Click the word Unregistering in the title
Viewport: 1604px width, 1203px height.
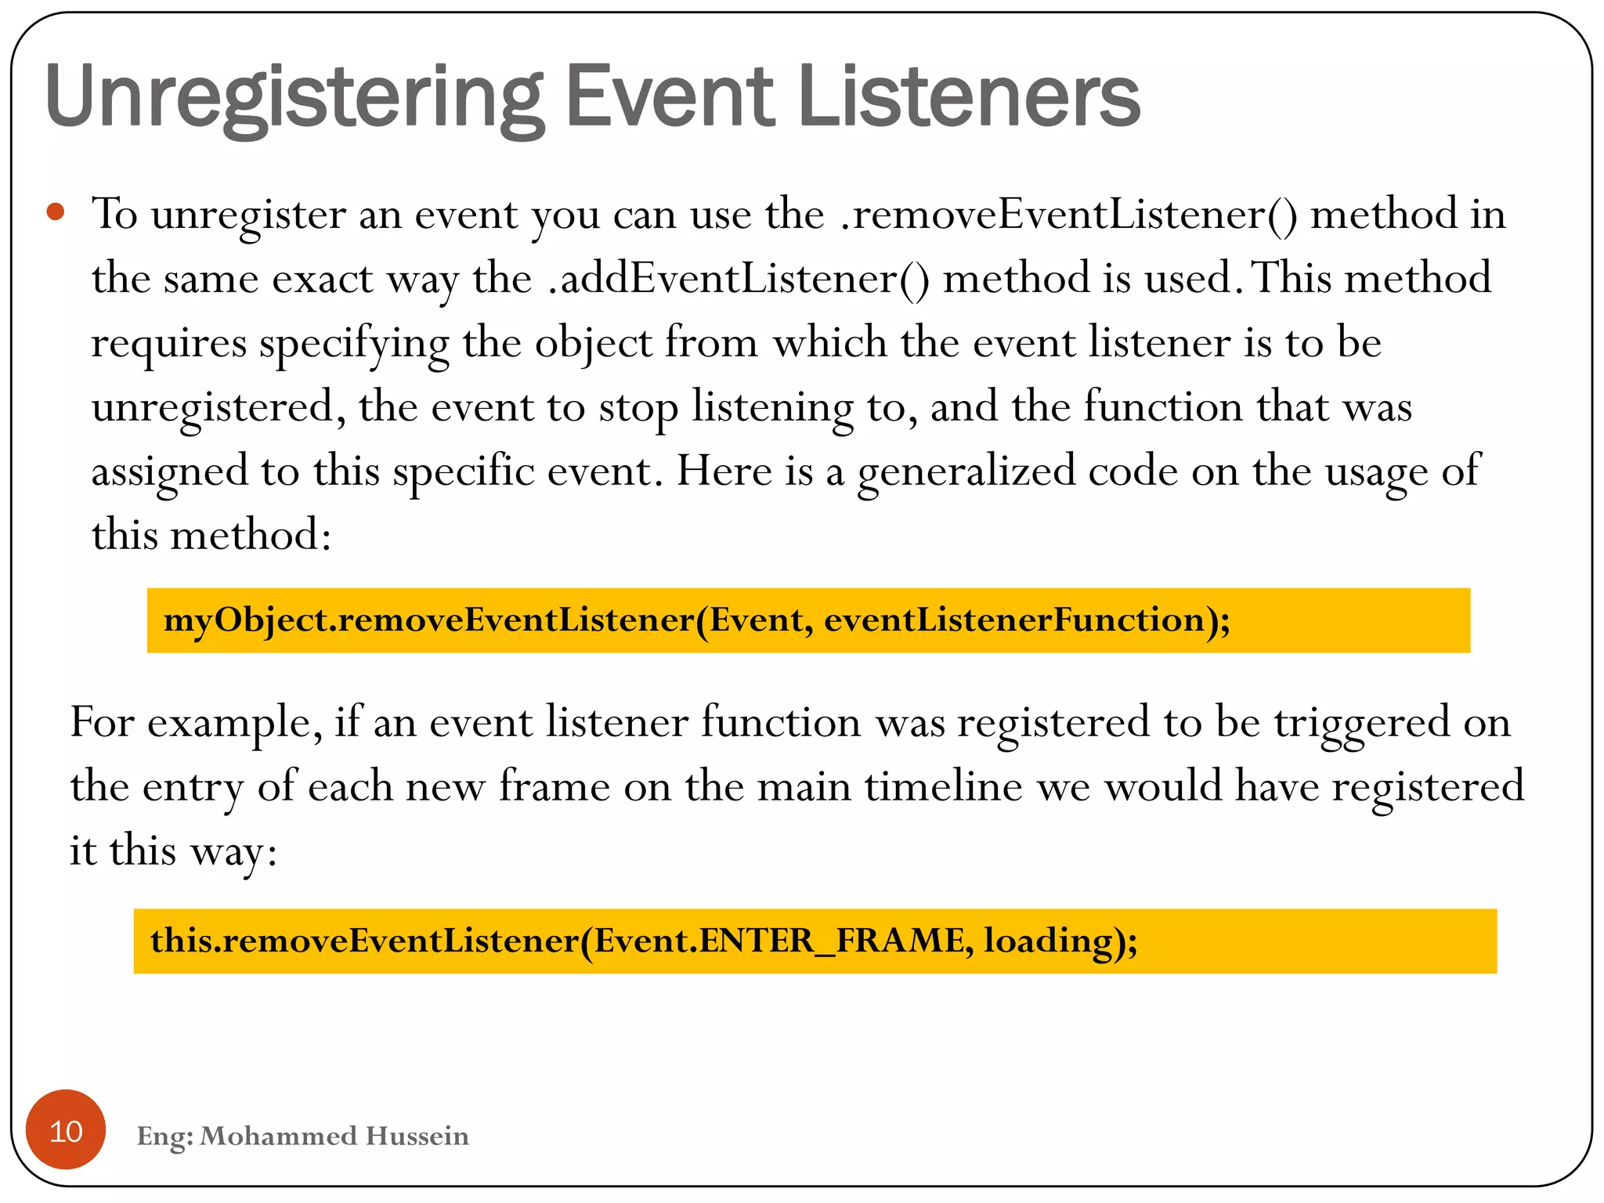coord(294,98)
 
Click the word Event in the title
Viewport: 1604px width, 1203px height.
coord(669,98)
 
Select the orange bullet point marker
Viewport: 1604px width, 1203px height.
coord(55,211)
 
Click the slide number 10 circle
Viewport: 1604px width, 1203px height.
coord(66,1130)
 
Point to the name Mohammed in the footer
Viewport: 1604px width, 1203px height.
coord(278,1136)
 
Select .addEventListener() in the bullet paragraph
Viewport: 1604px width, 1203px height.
coord(739,279)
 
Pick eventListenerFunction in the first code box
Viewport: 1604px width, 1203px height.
coord(1014,620)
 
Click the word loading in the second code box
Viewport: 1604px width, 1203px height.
coord(1045,941)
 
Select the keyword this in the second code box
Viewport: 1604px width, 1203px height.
coord(180,941)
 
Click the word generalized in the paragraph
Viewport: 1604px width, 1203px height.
coord(966,471)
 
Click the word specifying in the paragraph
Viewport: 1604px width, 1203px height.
coord(354,343)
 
